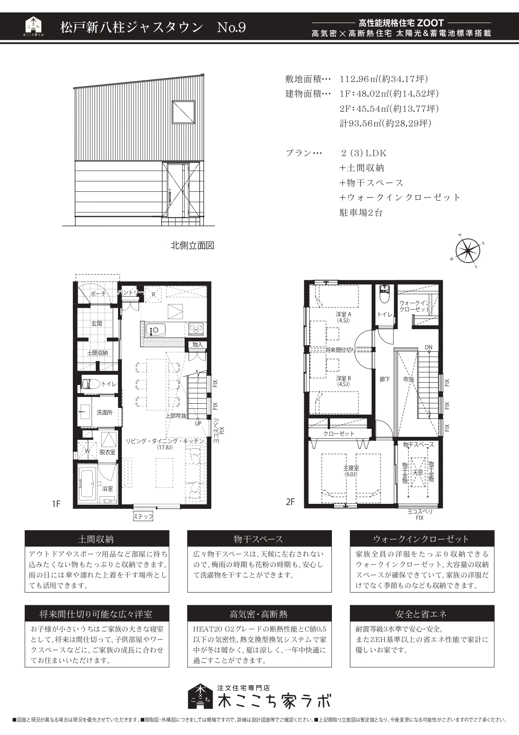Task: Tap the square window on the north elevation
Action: pos(183,112)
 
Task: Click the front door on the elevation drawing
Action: pos(175,191)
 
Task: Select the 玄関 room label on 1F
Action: pos(97,324)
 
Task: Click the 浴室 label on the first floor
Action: pos(108,488)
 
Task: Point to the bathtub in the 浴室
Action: pos(87,483)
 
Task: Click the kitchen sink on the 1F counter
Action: pos(155,329)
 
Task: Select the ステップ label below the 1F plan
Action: pos(143,517)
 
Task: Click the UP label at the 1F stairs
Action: pos(198,423)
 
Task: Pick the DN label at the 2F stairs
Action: pos(429,347)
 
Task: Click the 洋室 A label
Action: pos(343,314)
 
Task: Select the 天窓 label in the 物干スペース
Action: pos(417,472)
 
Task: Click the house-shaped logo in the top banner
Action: pos(33,26)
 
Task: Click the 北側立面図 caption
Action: pos(193,245)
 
